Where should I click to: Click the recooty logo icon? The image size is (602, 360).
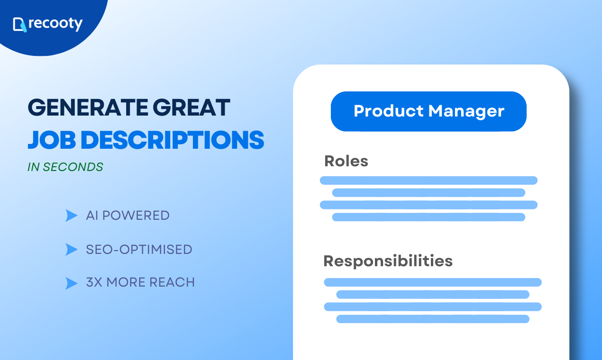[19, 24]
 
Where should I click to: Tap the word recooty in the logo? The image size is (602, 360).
[55, 24]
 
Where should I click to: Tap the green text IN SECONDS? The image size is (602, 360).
[66, 167]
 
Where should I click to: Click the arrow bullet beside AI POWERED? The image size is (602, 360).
[71, 216]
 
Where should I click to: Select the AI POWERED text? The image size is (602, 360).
[128, 216]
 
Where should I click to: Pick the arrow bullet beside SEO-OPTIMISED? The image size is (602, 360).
[71, 250]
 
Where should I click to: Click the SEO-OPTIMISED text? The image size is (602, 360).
[139, 250]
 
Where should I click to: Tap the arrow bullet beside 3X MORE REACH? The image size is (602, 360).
[71, 283]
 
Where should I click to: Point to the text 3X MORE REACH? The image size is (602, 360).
[140, 283]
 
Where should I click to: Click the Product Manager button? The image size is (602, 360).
[429, 111]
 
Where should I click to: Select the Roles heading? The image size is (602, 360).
[346, 161]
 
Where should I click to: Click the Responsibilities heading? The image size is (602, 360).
[388, 261]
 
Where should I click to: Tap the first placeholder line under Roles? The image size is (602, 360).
[429, 180]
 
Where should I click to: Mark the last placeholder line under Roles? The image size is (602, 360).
[429, 217]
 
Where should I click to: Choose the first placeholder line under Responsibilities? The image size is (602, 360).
[432, 282]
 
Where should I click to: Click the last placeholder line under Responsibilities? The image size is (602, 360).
[432, 319]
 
